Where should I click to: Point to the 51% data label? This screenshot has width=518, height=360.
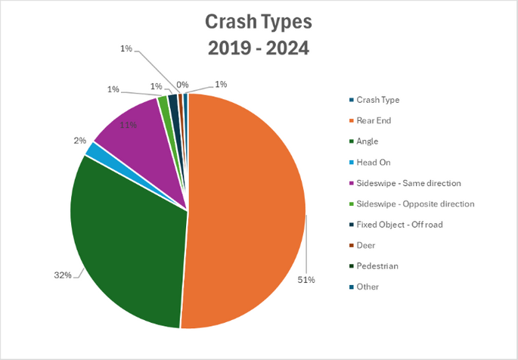[306, 280]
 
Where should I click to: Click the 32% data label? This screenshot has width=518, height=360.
[63, 275]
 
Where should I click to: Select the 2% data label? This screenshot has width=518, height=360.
[80, 141]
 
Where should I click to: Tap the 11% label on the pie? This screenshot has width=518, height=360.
[129, 126]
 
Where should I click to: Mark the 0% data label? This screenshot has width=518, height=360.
[182, 85]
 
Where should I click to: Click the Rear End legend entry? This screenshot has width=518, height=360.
[370, 120]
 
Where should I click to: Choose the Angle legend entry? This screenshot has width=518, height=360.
[364, 141]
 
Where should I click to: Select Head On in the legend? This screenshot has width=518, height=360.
[370, 162]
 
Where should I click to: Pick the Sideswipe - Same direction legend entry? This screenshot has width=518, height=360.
[405, 183]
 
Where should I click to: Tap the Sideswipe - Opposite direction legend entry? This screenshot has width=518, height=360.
[412, 203]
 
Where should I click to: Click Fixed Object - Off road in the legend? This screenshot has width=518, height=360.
[396, 225]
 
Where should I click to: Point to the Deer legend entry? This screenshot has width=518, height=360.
[362, 245]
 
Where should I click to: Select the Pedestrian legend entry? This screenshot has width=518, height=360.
[374, 266]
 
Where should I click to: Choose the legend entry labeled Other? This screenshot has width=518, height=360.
[364, 287]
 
